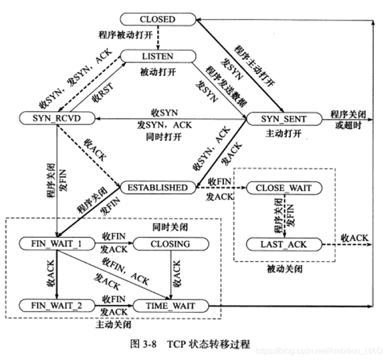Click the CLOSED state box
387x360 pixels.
point(158,20)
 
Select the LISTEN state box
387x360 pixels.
point(158,56)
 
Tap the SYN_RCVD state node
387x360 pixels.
point(56,118)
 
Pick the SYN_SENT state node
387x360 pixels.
point(283,119)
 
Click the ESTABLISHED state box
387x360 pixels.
point(157,188)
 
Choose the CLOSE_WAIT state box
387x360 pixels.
point(283,188)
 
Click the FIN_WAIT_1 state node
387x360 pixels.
point(56,244)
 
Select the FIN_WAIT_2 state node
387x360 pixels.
point(56,305)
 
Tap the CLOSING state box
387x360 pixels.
point(170,244)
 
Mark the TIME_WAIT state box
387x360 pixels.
point(170,305)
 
